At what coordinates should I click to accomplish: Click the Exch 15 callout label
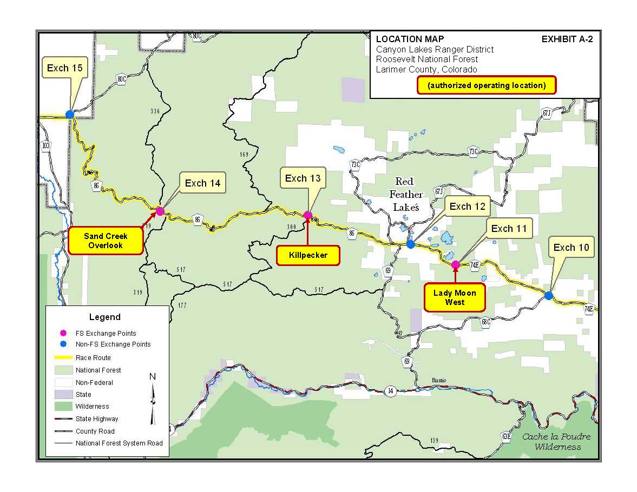(x=65, y=68)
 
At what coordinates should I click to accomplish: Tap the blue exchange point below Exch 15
(x=70, y=114)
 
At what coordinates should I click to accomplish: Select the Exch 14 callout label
(x=202, y=183)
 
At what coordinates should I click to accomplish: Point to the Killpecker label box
(x=308, y=255)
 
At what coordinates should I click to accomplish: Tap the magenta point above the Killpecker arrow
(x=308, y=215)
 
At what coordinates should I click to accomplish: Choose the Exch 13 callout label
(x=303, y=178)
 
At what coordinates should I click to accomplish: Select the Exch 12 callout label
(x=467, y=206)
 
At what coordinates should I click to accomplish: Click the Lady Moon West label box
(x=455, y=297)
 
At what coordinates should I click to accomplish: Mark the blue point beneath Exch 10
(x=549, y=296)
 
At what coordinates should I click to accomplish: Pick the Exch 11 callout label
(x=508, y=229)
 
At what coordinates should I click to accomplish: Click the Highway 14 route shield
(x=389, y=390)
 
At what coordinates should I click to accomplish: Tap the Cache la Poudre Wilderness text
(x=556, y=442)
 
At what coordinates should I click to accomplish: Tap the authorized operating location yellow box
(x=486, y=85)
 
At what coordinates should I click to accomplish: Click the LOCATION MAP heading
(x=410, y=39)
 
